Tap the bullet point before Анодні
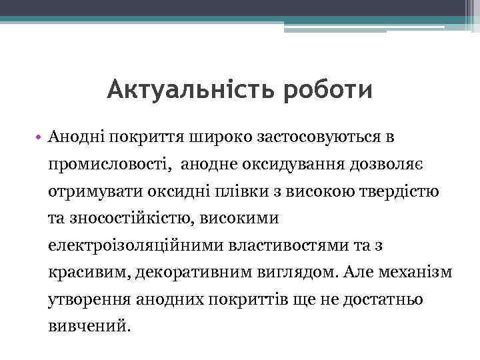[39, 137]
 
